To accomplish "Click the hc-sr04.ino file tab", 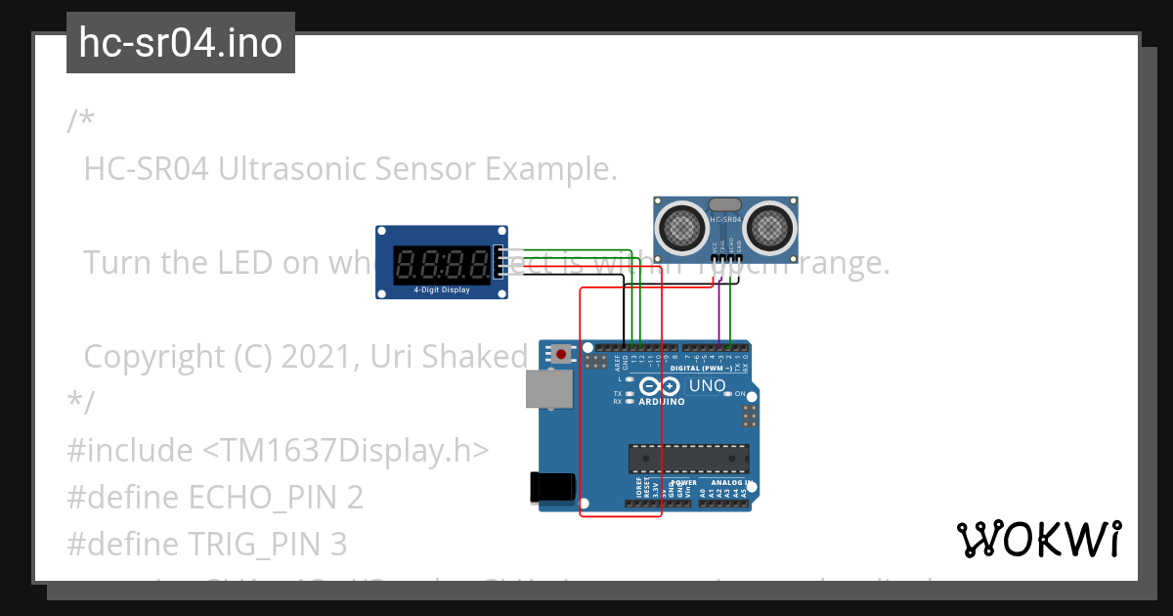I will point(180,43).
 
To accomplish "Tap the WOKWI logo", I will point(1038,539).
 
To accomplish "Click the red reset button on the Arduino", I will point(561,353).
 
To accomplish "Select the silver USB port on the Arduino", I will point(546,388).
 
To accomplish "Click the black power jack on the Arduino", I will point(547,488).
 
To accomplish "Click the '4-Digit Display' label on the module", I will point(440,290).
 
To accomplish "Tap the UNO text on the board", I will point(707,385).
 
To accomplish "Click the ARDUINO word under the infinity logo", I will point(661,401).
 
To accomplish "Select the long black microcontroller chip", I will point(688,458).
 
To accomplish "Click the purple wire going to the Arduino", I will point(719,313).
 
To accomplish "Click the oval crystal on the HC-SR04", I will point(725,204).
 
